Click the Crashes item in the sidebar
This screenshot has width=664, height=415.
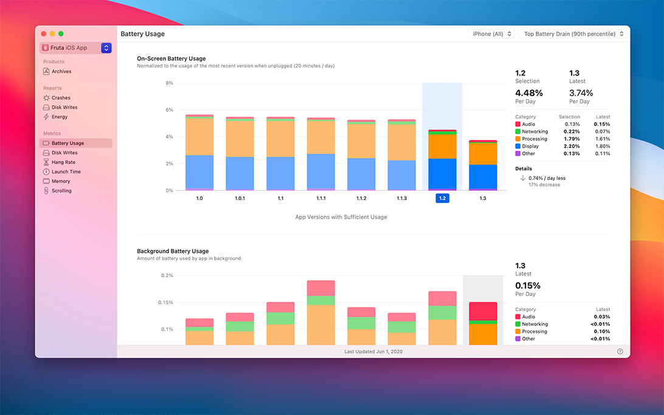[x=60, y=98]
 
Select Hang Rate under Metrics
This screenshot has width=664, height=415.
[x=63, y=162]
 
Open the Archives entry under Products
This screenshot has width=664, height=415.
[x=61, y=72]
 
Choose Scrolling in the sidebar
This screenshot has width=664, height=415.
[x=61, y=191]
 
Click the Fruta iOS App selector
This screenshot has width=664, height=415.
[x=76, y=48]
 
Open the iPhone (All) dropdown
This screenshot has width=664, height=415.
[x=492, y=34]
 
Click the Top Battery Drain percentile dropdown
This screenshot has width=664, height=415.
[x=573, y=34]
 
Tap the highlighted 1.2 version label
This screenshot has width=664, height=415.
[x=442, y=198]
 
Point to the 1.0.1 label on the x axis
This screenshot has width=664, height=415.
[x=240, y=198]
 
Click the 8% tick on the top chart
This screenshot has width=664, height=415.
[x=169, y=83]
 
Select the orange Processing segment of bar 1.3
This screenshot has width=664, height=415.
[x=483, y=154]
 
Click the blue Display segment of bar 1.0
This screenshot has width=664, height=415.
[x=199, y=172]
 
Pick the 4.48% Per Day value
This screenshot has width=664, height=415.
[x=529, y=93]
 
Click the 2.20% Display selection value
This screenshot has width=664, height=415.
[x=572, y=146]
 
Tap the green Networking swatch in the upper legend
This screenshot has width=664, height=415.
[x=517, y=132]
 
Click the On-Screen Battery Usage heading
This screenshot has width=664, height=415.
[x=171, y=59]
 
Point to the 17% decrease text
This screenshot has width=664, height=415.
[x=544, y=185]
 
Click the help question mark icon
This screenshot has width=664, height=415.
[x=620, y=351]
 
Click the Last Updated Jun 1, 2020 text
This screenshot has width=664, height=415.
[x=373, y=351]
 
